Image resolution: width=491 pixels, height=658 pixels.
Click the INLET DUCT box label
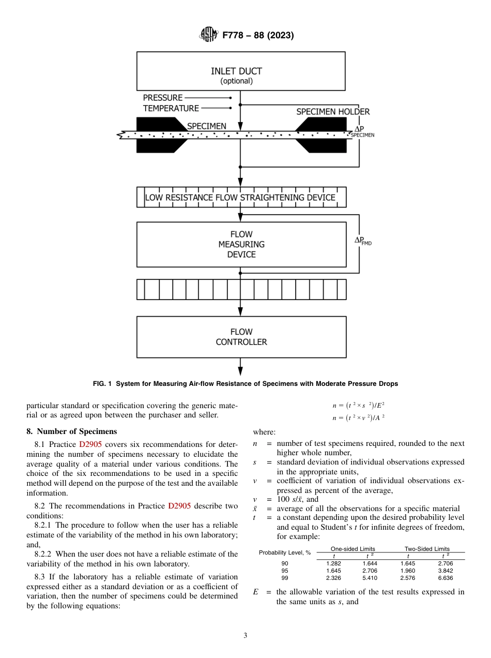[x=236, y=71]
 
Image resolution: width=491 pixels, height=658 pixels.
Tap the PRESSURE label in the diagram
[x=162, y=97]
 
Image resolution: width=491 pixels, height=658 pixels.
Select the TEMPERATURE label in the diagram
[x=171, y=108]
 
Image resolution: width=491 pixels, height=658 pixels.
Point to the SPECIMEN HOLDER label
[x=332, y=112]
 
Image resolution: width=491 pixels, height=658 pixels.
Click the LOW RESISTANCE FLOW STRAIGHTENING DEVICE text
[x=240, y=198]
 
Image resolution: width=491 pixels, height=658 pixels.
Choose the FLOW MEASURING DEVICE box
[x=241, y=244]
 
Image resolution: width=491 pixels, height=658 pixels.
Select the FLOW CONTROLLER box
[x=241, y=337]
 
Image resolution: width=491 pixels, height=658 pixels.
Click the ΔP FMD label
[x=362, y=241]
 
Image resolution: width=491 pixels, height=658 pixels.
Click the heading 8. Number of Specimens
[x=72, y=431]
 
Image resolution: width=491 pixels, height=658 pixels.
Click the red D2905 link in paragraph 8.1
[x=90, y=444]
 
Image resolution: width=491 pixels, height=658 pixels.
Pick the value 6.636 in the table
[x=444, y=577]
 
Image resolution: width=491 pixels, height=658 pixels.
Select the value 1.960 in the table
[x=407, y=570]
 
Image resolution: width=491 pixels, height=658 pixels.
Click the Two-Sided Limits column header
[x=427, y=549]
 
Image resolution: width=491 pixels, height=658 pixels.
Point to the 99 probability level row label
[x=285, y=577]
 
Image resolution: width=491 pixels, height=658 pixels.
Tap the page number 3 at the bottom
[x=245, y=635]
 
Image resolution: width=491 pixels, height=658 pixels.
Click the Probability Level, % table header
[x=285, y=552]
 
